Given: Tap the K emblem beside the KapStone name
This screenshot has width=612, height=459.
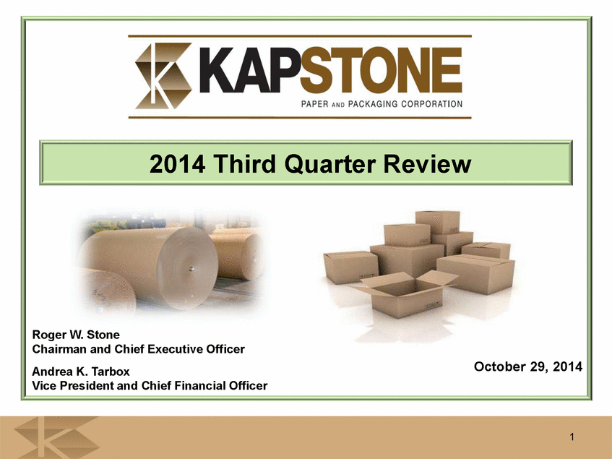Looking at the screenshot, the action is pos(163,76).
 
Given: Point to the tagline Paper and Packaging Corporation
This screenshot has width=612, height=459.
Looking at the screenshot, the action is pos(382,104).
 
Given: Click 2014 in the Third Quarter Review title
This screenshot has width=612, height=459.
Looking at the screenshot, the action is pos(177,164).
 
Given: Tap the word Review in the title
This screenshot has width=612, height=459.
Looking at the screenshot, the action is pos(427,164).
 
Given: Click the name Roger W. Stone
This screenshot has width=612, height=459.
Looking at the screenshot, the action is pos(76,335).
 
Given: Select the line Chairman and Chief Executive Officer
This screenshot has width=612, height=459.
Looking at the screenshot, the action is pos(138,349).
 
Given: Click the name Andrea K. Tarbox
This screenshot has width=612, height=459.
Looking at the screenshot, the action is pos(81,372).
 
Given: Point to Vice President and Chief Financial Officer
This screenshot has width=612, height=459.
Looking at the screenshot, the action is pos(150,385).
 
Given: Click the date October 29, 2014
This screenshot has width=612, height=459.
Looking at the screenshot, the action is pos(528,366).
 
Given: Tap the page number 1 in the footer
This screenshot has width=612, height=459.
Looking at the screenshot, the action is pos(572,437).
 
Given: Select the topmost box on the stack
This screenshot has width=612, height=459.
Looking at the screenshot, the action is pos(438,222).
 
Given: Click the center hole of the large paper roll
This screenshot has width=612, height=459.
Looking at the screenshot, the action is pos(191,268).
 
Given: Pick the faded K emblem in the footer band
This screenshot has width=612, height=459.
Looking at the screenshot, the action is pos(57,437).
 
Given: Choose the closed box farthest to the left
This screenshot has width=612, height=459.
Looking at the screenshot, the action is pos(350,267).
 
